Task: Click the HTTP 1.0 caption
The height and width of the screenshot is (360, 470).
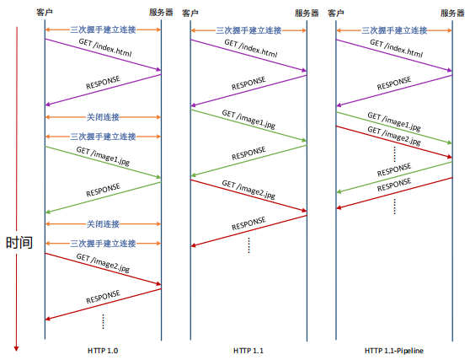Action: click(103, 351)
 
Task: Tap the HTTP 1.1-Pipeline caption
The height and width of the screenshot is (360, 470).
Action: click(394, 351)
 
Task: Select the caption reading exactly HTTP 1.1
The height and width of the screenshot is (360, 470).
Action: click(248, 351)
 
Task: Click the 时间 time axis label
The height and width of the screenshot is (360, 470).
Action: click(19, 243)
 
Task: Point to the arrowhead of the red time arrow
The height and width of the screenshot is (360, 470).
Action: click(17, 349)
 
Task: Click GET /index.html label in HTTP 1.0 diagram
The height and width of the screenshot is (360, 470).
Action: click(105, 47)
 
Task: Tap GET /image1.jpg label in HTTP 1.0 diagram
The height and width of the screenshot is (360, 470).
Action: click(103, 155)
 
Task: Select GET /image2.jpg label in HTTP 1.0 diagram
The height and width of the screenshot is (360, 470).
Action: click(103, 263)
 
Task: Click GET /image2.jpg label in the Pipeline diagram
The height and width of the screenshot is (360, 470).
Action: click(394, 135)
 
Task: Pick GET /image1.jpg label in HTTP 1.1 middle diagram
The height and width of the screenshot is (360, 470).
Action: click(248, 119)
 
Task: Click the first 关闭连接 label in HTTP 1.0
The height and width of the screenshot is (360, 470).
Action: click(103, 117)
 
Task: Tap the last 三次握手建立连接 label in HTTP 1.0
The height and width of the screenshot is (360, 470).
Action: click(103, 244)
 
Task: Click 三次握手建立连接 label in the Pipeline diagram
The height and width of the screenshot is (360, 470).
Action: click(394, 30)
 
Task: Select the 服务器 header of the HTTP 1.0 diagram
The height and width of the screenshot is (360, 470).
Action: click(161, 13)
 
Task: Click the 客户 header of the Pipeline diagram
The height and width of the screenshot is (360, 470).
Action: click(336, 13)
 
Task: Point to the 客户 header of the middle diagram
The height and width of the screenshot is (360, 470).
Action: click(190, 13)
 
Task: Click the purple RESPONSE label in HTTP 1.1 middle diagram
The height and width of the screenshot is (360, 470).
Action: click(248, 83)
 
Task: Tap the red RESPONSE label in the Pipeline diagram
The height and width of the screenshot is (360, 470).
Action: click(394, 185)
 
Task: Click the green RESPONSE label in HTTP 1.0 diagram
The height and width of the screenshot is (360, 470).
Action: click(103, 191)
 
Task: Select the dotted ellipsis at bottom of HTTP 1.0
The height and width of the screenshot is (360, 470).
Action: click(103, 321)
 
